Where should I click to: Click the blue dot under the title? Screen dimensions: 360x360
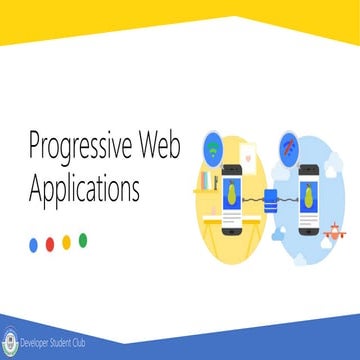[x=33, y=241]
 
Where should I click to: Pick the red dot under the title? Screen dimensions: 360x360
[x=50, y=241]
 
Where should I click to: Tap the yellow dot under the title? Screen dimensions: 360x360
[x=66, y=241]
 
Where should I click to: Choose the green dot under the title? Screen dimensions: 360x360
[x=83, y=240]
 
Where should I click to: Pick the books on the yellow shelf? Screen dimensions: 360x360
[x=208, y=183]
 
